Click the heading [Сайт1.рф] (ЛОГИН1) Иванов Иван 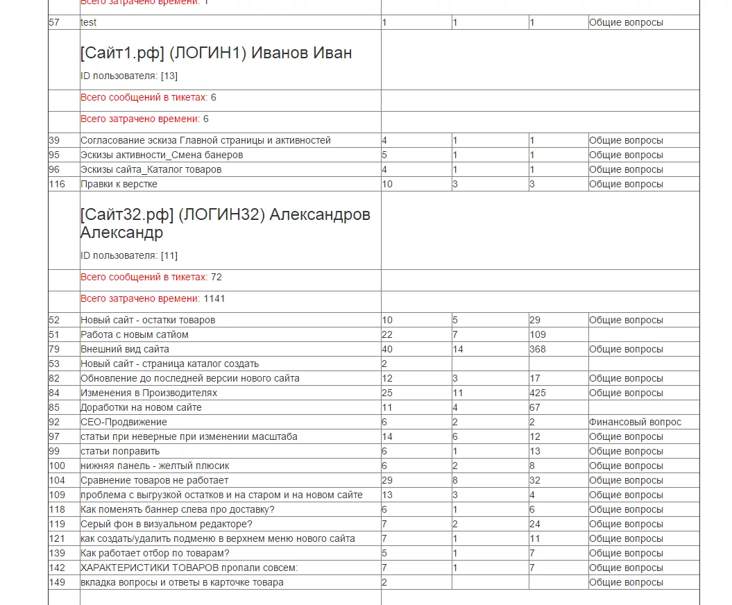pyautogui.click(x=216, y=53)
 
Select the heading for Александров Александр pyautogui.click(x=225, y=223)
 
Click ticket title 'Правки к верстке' pyautogui.click(x=119, y=184)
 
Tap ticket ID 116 pyautogui.click(x=56, y=184)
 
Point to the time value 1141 pyautogui.click(x=214, y=299)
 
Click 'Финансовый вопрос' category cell pyautogui.click(x=635, y=422)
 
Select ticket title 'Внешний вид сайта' pyautogui.click(x=125, y=349)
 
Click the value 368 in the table pyautogui.click(x=538, y=349)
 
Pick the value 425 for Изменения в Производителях pyautogui.click(x=538, y=393)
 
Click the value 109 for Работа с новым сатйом pyautogui.click(x=538, y=334)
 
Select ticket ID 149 pyautogui.click(x=57, y=582)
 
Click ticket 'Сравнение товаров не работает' pyautogui.click(x=154, y=480)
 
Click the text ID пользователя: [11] pyautogui.click(x=129, y=255)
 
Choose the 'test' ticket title pyautogui.click(x=88, y=22)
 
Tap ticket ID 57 pyautogui.click(x=54, y=22)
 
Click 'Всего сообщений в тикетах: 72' pyautogui.click(x=151, y=277)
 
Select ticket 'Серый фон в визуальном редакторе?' pyautogui.click(x=166, y=524)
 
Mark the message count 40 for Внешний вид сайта pyautogui.click(x=387, y=349)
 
